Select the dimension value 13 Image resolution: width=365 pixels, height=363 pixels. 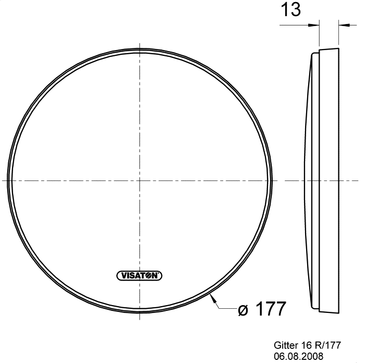pyautogui.click(x=290, y=10)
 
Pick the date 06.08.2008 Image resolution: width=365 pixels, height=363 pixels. pyautogui.click(x=298, y=356)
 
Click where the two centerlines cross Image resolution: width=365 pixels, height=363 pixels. pyautogui.click(x=140, y=180)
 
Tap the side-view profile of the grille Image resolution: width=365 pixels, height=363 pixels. pyautogui.click(x=323, y=180)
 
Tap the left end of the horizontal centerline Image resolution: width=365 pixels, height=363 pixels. pyautogui.click(x=3, y=180)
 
